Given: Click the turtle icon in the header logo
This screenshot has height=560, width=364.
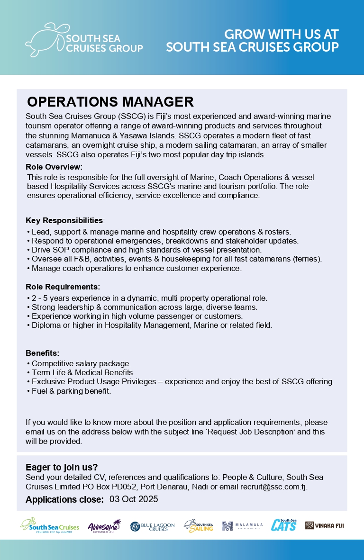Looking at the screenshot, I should tap(45, 39).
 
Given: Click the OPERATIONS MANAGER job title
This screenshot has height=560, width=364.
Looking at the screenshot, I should tap(110, 102).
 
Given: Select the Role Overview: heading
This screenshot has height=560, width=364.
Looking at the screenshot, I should tap(54, 167).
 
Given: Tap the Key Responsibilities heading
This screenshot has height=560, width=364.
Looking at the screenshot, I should tap(64, 220).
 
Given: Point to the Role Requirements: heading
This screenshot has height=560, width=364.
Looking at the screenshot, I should tap(63, 287).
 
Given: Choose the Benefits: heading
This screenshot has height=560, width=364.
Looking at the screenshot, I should tap(43, 353).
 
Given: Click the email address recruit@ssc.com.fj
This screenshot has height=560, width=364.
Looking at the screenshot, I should tap(273, 487).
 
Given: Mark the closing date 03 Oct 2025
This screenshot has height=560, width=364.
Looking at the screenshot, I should tap(134, 499).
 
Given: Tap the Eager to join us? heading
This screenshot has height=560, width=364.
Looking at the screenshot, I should tap(62, 467).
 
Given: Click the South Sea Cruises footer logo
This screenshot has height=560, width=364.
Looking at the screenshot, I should tap(50, 526).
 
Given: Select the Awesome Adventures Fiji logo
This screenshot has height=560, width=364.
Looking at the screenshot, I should tap(104, 526).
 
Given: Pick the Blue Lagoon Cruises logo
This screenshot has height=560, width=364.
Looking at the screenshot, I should tap(153, 526).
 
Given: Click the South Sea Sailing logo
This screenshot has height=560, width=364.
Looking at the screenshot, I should tap(199, 526).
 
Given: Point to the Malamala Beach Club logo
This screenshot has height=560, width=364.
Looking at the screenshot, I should tap(242, 526).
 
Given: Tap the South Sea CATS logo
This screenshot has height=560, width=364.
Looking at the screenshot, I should tap(284, 525).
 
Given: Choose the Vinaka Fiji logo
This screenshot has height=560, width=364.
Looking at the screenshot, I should tap(325, 525).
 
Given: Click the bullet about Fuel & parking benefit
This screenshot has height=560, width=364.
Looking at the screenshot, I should tap(71, 391).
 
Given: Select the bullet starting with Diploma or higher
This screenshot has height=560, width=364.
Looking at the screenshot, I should tap(152, 325).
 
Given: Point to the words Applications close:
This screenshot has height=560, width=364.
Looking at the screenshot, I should tap(64, 499).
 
